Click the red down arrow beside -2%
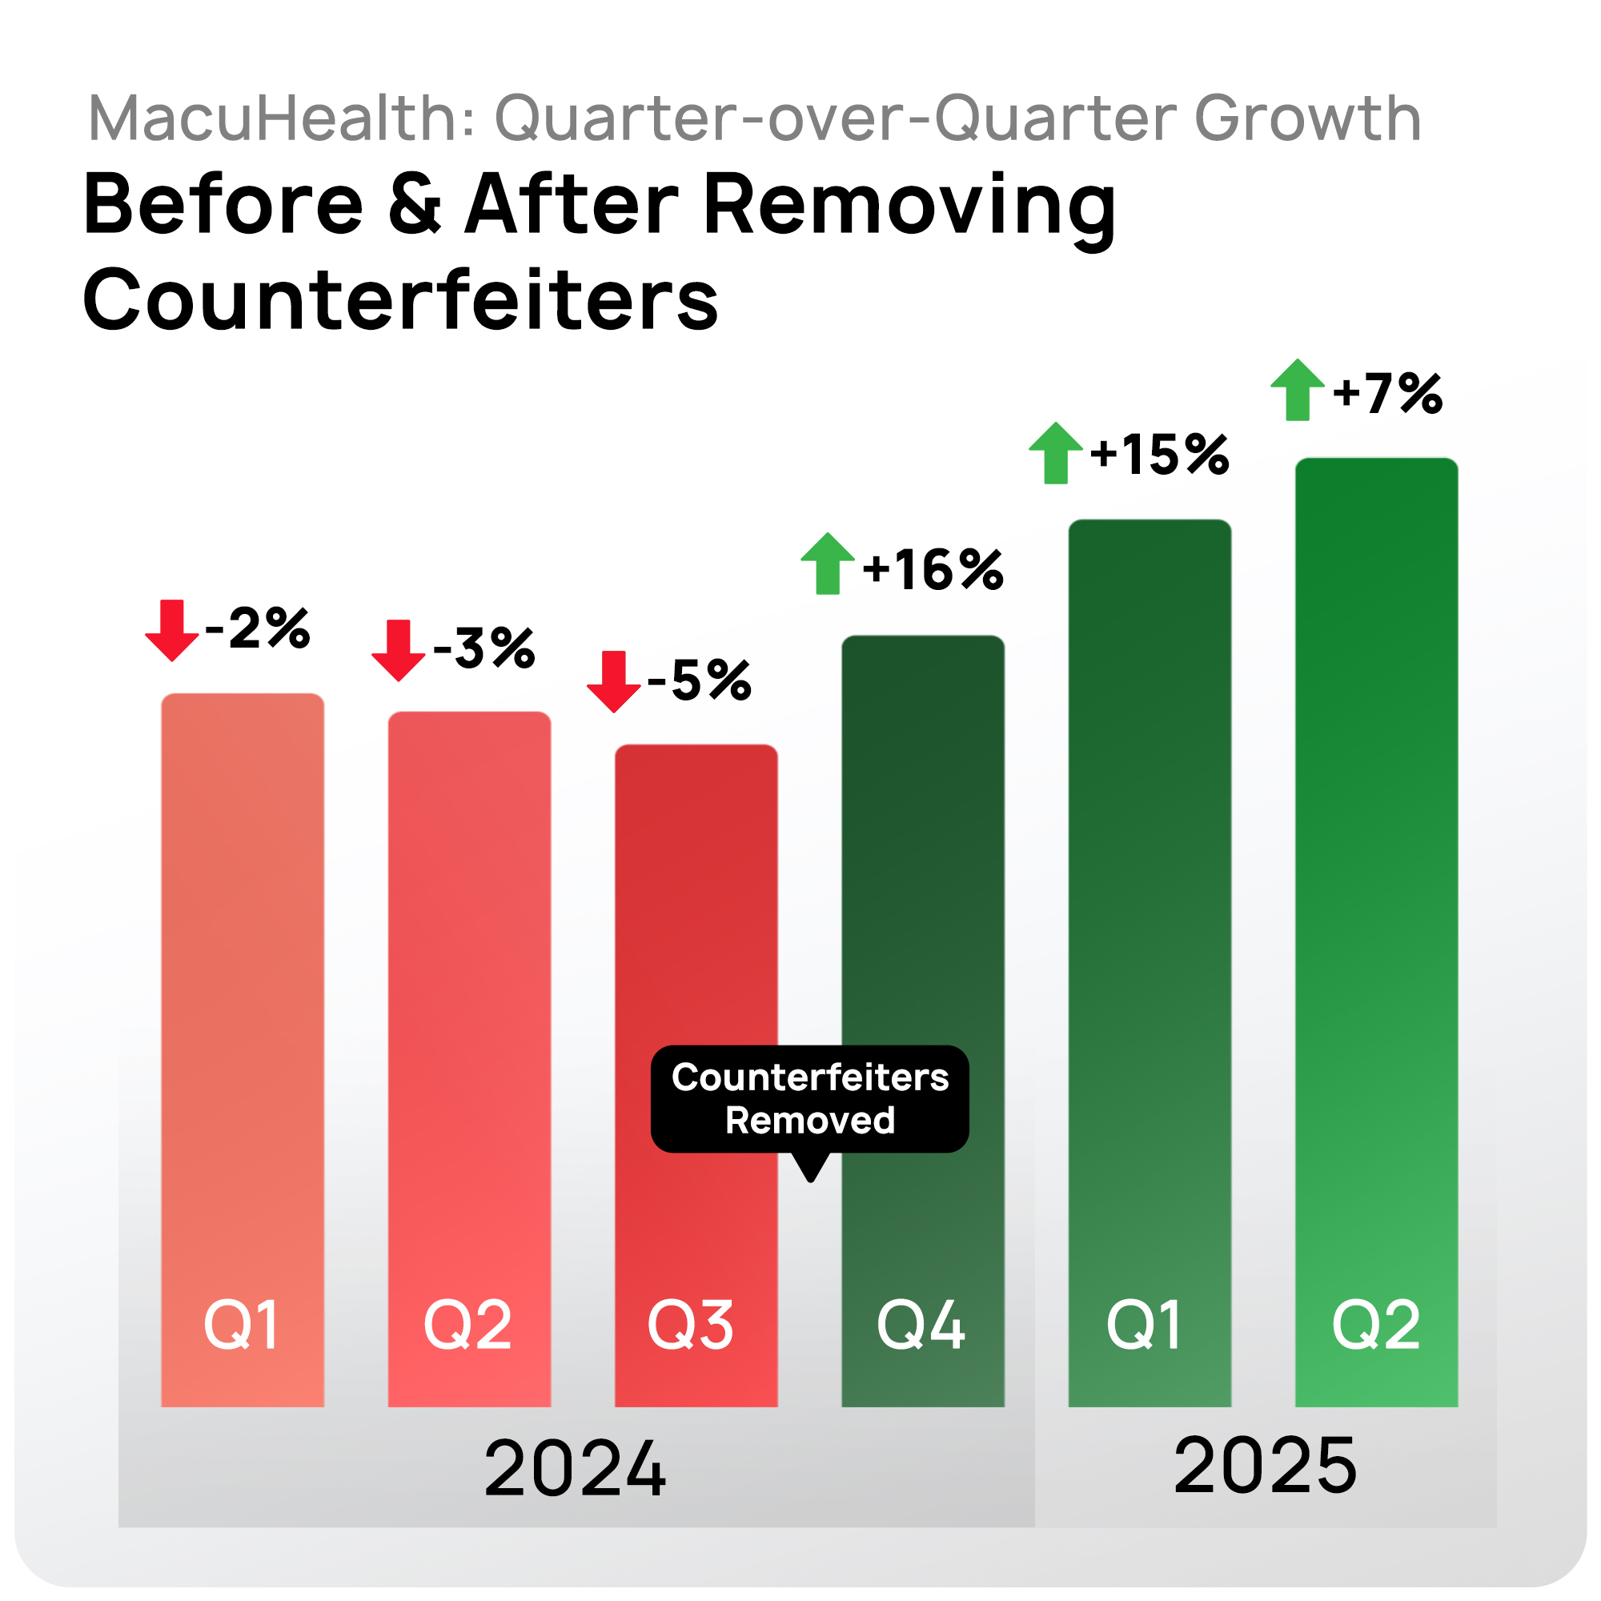coord(171,631)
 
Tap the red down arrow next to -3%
coord(398,651)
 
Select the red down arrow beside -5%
coord(613,682)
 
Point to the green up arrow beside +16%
coord(828,564)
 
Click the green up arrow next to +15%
coord(1055,453)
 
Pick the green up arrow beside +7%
coord(1298,391)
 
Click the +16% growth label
coord(933,570)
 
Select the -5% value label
coord(700,681)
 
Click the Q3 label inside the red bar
coord(690,1325)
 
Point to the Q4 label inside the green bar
coord(921,1325)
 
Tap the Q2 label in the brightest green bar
coord(1376,1325)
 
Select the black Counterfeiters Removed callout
coord(809,1100)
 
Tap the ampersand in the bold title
coord(415,205)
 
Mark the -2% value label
coord(258,629)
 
